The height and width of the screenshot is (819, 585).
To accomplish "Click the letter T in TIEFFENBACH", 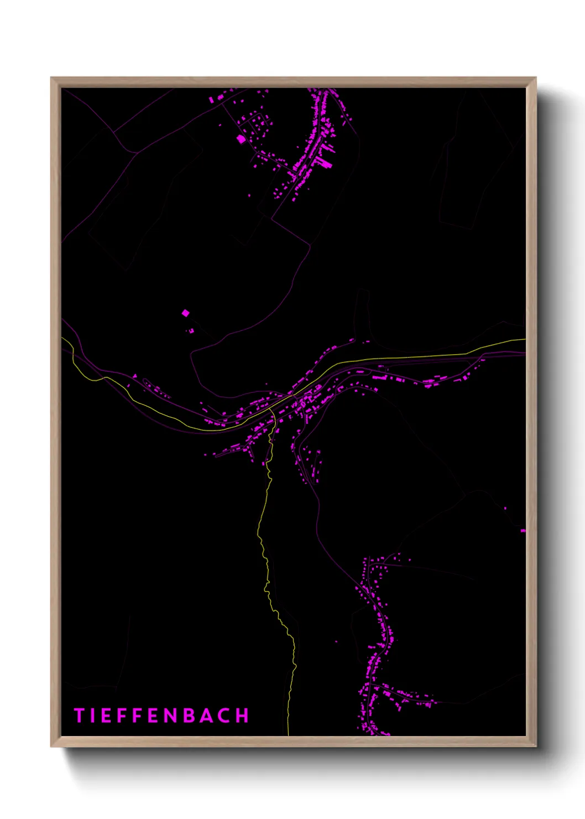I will pos(79,716).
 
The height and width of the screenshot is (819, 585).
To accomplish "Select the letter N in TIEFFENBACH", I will pos(170,716).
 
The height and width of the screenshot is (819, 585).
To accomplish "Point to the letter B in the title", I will pos(189,716).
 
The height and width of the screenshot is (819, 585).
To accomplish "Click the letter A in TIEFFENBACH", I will pos(207,716).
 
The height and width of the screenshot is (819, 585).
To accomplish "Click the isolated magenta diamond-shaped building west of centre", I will pos(185,313).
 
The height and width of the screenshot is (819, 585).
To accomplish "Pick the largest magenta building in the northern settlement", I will pos(241,139).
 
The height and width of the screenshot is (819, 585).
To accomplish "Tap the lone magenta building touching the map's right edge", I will pos(523,531).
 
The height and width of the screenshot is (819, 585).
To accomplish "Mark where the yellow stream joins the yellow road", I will pos(272,410).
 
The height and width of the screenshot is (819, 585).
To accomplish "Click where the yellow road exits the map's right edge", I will pos(525,339).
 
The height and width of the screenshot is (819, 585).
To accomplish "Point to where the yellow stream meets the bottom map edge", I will pos(289,735).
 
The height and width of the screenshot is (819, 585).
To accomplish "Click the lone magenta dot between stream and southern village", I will pos(336,642).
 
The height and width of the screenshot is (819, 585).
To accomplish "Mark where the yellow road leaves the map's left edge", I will pos(62,338).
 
